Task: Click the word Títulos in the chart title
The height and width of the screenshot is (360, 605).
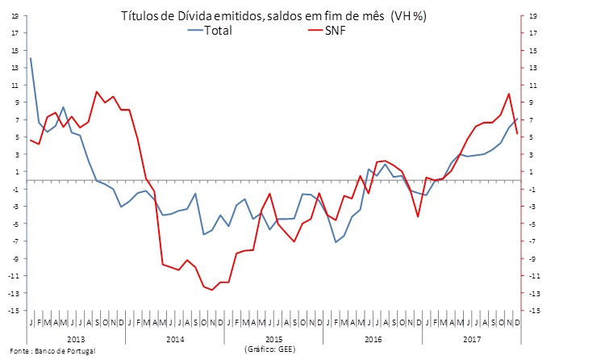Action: [142, 15]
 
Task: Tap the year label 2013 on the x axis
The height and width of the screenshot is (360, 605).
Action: [77, 338]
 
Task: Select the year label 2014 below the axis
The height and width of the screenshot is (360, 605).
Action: [174, 338]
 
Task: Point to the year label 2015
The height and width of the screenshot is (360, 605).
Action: [273, 338]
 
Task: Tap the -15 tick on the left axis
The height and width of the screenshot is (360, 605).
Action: [14, 311]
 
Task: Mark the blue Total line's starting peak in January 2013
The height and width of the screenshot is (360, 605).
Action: [31, 58]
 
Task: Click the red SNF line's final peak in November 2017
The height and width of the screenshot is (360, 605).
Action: [509, 94]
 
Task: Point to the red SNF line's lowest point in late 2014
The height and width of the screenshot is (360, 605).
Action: [212, 290]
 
